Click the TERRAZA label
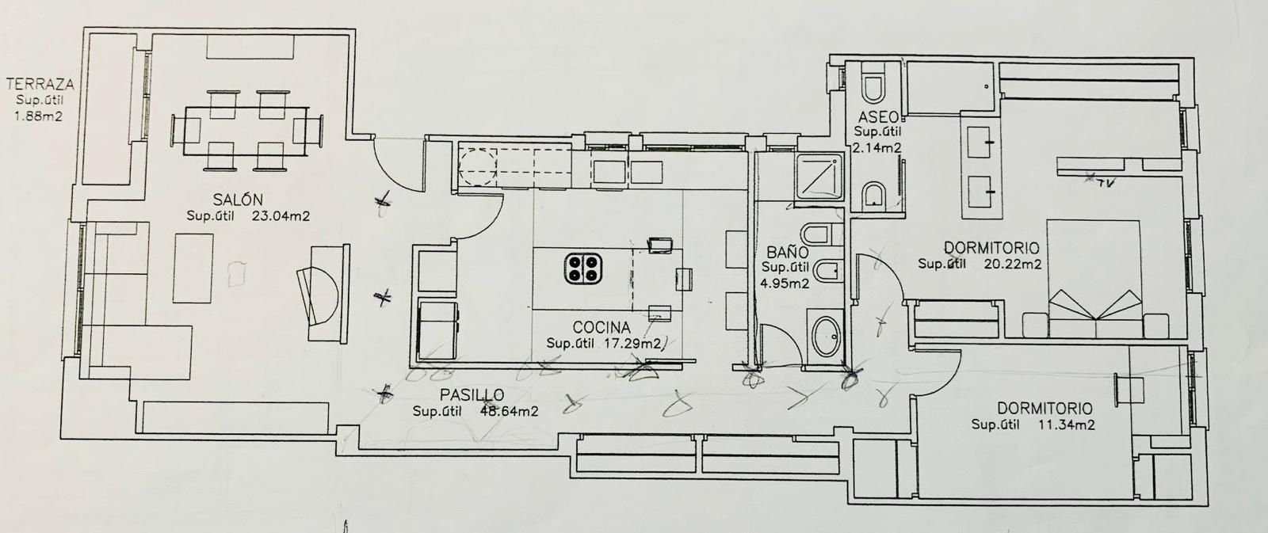(x=40, y=83)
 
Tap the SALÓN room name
(x=238, y=199)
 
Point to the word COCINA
(x=602, y=327)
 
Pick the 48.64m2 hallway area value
(x=510, y=411)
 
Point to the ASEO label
(x=876, y=117)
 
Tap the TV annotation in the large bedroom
(x=1103, y=184)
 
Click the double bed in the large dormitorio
(x=1096, y=273)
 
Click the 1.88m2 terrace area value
(x=40, y=116)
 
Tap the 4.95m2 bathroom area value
(x=785, y=283)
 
